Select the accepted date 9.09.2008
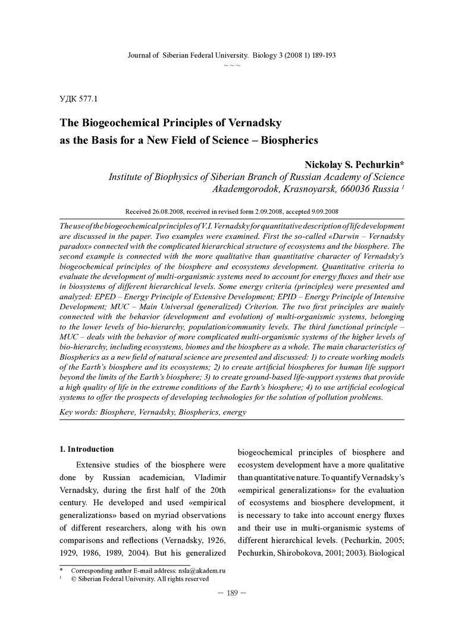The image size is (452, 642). point(321,211)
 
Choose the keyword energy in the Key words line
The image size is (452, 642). point(234,411)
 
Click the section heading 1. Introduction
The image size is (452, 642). point(87,449)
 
